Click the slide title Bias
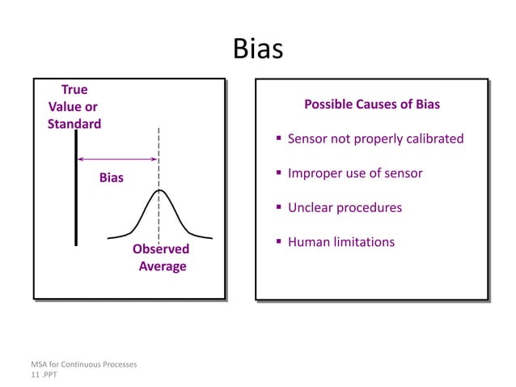pos(258,49)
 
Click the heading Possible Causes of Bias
pos(371,105)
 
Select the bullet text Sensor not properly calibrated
pos(375,138)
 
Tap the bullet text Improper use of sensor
pos(355,173)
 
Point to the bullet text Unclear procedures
pos(345,207)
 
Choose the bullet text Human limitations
pos(341,241)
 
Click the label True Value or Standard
pos(74,107)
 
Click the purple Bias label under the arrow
pos(112,177)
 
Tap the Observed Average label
pos(161,257)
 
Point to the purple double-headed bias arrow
pos(117,159)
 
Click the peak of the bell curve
pos(159,190)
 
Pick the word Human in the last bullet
pos(308,241)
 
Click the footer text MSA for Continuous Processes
pos(84,364)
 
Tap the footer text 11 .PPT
pos(45,376)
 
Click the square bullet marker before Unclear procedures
pos(278,208)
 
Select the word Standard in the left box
pos(74,124)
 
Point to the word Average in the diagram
pos(162,266)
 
